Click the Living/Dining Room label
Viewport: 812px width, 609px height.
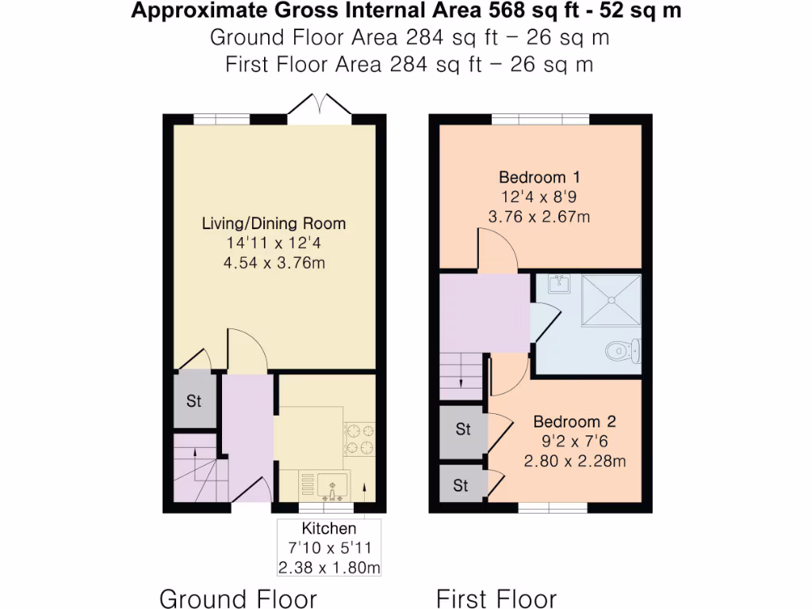(274, 224)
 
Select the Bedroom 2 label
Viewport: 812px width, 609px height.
(574, 422)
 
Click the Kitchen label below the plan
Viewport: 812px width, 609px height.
(328, 528)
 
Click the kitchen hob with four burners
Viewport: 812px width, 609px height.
(358, 440)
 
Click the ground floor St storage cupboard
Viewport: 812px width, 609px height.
(194, 401)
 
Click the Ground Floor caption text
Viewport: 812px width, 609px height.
(238, 598)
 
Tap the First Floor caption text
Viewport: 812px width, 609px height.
(496, 598)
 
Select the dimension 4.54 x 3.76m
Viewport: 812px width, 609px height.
(274, 263)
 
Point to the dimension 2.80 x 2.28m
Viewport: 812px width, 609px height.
(574, 461)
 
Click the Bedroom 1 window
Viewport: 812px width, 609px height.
(540, 119)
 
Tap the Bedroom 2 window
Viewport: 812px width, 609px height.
(553, 507)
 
